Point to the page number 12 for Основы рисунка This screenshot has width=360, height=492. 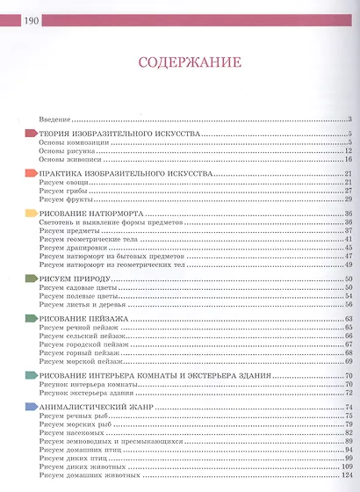tap(348, 150)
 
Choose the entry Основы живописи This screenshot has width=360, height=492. tap(70, 159)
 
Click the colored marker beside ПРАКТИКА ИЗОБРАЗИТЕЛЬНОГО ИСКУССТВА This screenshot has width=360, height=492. tap(31, 175)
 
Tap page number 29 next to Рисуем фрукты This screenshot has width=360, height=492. tap(348, 200)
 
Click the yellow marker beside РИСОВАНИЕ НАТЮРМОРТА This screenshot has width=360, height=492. tap(31, 214)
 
